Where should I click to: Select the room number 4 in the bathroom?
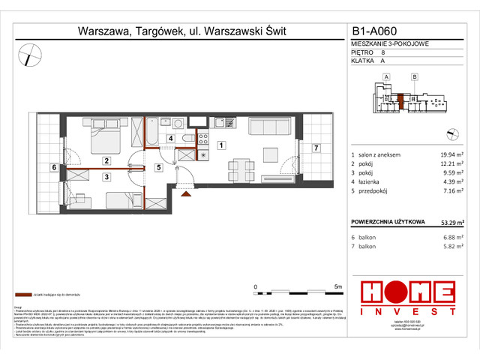(171, 139)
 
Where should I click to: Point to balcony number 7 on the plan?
(316, 148)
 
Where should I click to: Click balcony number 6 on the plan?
(53, 166)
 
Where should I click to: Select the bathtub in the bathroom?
(150, 134)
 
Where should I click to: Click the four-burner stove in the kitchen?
(202, 136)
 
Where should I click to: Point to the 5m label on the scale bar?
(337, 286)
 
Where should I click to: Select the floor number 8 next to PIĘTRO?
(383, 54)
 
